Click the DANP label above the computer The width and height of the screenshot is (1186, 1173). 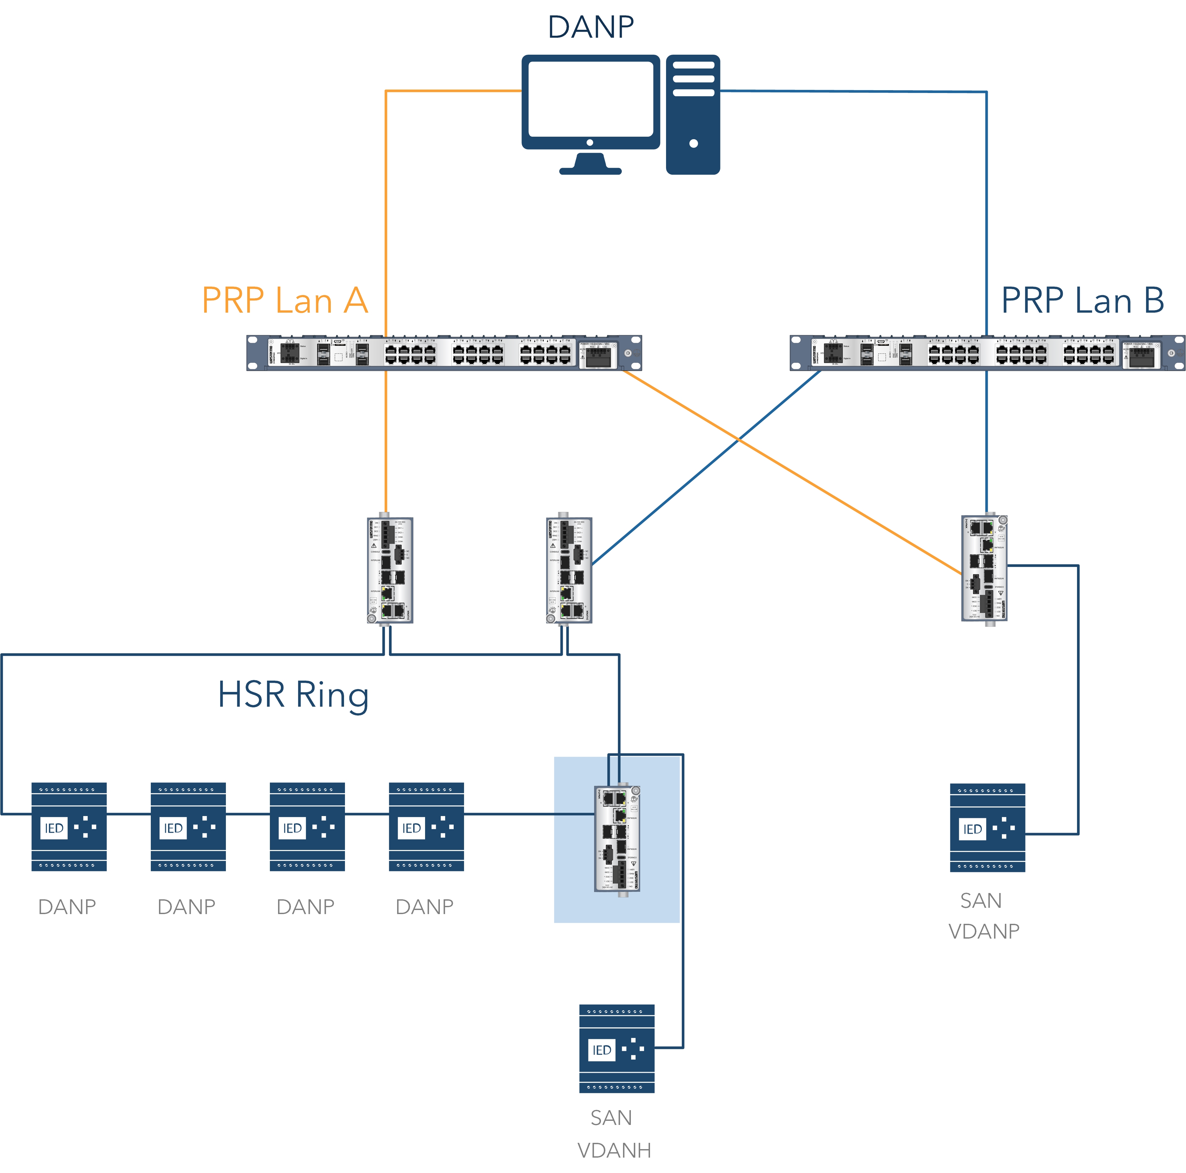click(x=591, y=27)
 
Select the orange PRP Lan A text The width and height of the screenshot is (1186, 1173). click(x=285, y=301)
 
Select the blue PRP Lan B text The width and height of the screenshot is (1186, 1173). click(x=1082, y=301)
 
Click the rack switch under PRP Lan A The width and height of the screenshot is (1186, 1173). click(x=444, y=353)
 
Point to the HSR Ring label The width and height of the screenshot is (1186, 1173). click(x=293, y=695)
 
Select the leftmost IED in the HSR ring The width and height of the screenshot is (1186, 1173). click(x=69, y=827)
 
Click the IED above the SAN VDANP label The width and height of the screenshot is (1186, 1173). click(x=987, y=828)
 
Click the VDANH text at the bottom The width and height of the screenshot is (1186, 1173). click(x=614, y=1150)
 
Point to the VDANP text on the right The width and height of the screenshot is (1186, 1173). click(x=983, y=931)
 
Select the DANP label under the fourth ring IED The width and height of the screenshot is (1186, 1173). click(x=424, y=907)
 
